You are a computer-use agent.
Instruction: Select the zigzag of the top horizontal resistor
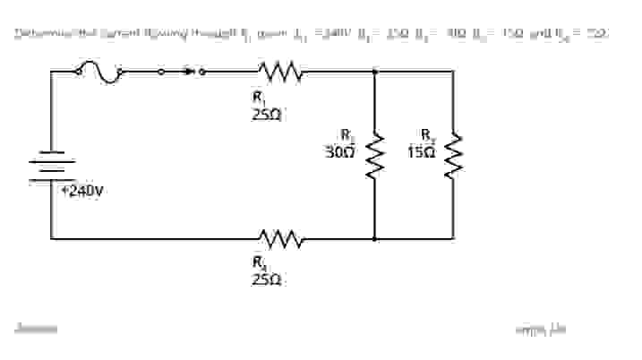pos(281,70)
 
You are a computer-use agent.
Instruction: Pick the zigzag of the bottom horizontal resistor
pos(281,239)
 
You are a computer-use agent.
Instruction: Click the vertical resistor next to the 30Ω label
pos(373,155)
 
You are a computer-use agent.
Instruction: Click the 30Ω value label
pos(340,152)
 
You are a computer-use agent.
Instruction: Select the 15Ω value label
pos(421,152)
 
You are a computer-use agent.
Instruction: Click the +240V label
pos(82,191)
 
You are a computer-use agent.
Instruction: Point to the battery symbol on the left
pos(51,167)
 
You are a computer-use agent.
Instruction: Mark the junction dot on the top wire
pos(373,70)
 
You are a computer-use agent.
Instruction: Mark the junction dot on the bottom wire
pos(373,239)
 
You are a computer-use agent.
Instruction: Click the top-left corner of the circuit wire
pos(51,70)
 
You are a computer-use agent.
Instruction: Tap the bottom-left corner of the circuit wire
pos(51,239)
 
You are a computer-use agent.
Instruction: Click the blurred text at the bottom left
pos(36,329)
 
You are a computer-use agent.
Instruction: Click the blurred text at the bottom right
pos(540,330)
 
